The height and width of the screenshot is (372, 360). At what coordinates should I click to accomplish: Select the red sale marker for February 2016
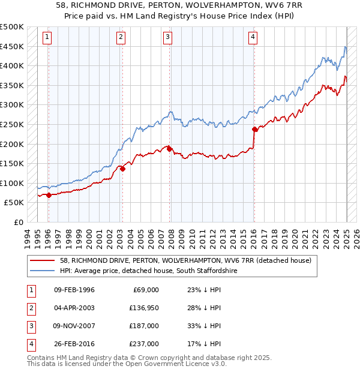pyautogui.click(x=254, y=129)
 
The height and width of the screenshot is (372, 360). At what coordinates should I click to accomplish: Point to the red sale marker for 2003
pyautogui.click(x=122, y=169)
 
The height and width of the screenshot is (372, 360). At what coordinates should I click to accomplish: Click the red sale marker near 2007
pyautogui.click(x=170, y=149)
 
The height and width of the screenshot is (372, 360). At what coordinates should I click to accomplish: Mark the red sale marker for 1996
pyautogui.click(x=49, y=195)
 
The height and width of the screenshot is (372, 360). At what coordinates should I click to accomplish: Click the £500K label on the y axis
pyautogui.click(x=12, y=27)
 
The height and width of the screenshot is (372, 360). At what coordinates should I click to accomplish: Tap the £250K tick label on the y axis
pyautogui.click(x=12, y=124)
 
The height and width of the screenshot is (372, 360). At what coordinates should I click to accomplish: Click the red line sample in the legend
pyautogui.click(x=43, y=261)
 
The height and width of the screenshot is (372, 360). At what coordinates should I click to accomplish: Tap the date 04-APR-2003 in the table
pyautogui.click(x=74, y=308)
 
